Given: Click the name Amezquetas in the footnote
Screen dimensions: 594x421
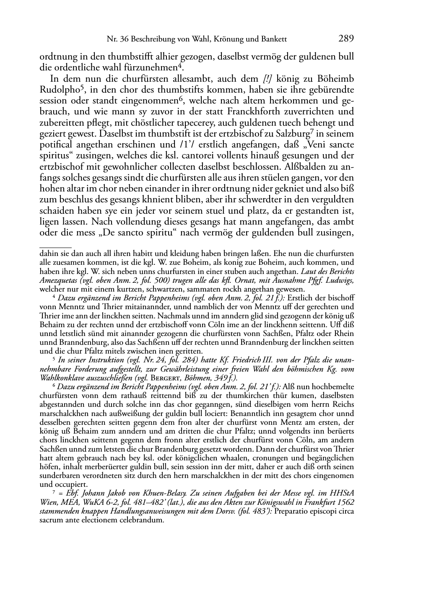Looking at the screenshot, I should pyautogui.click(x=58, y=280).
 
